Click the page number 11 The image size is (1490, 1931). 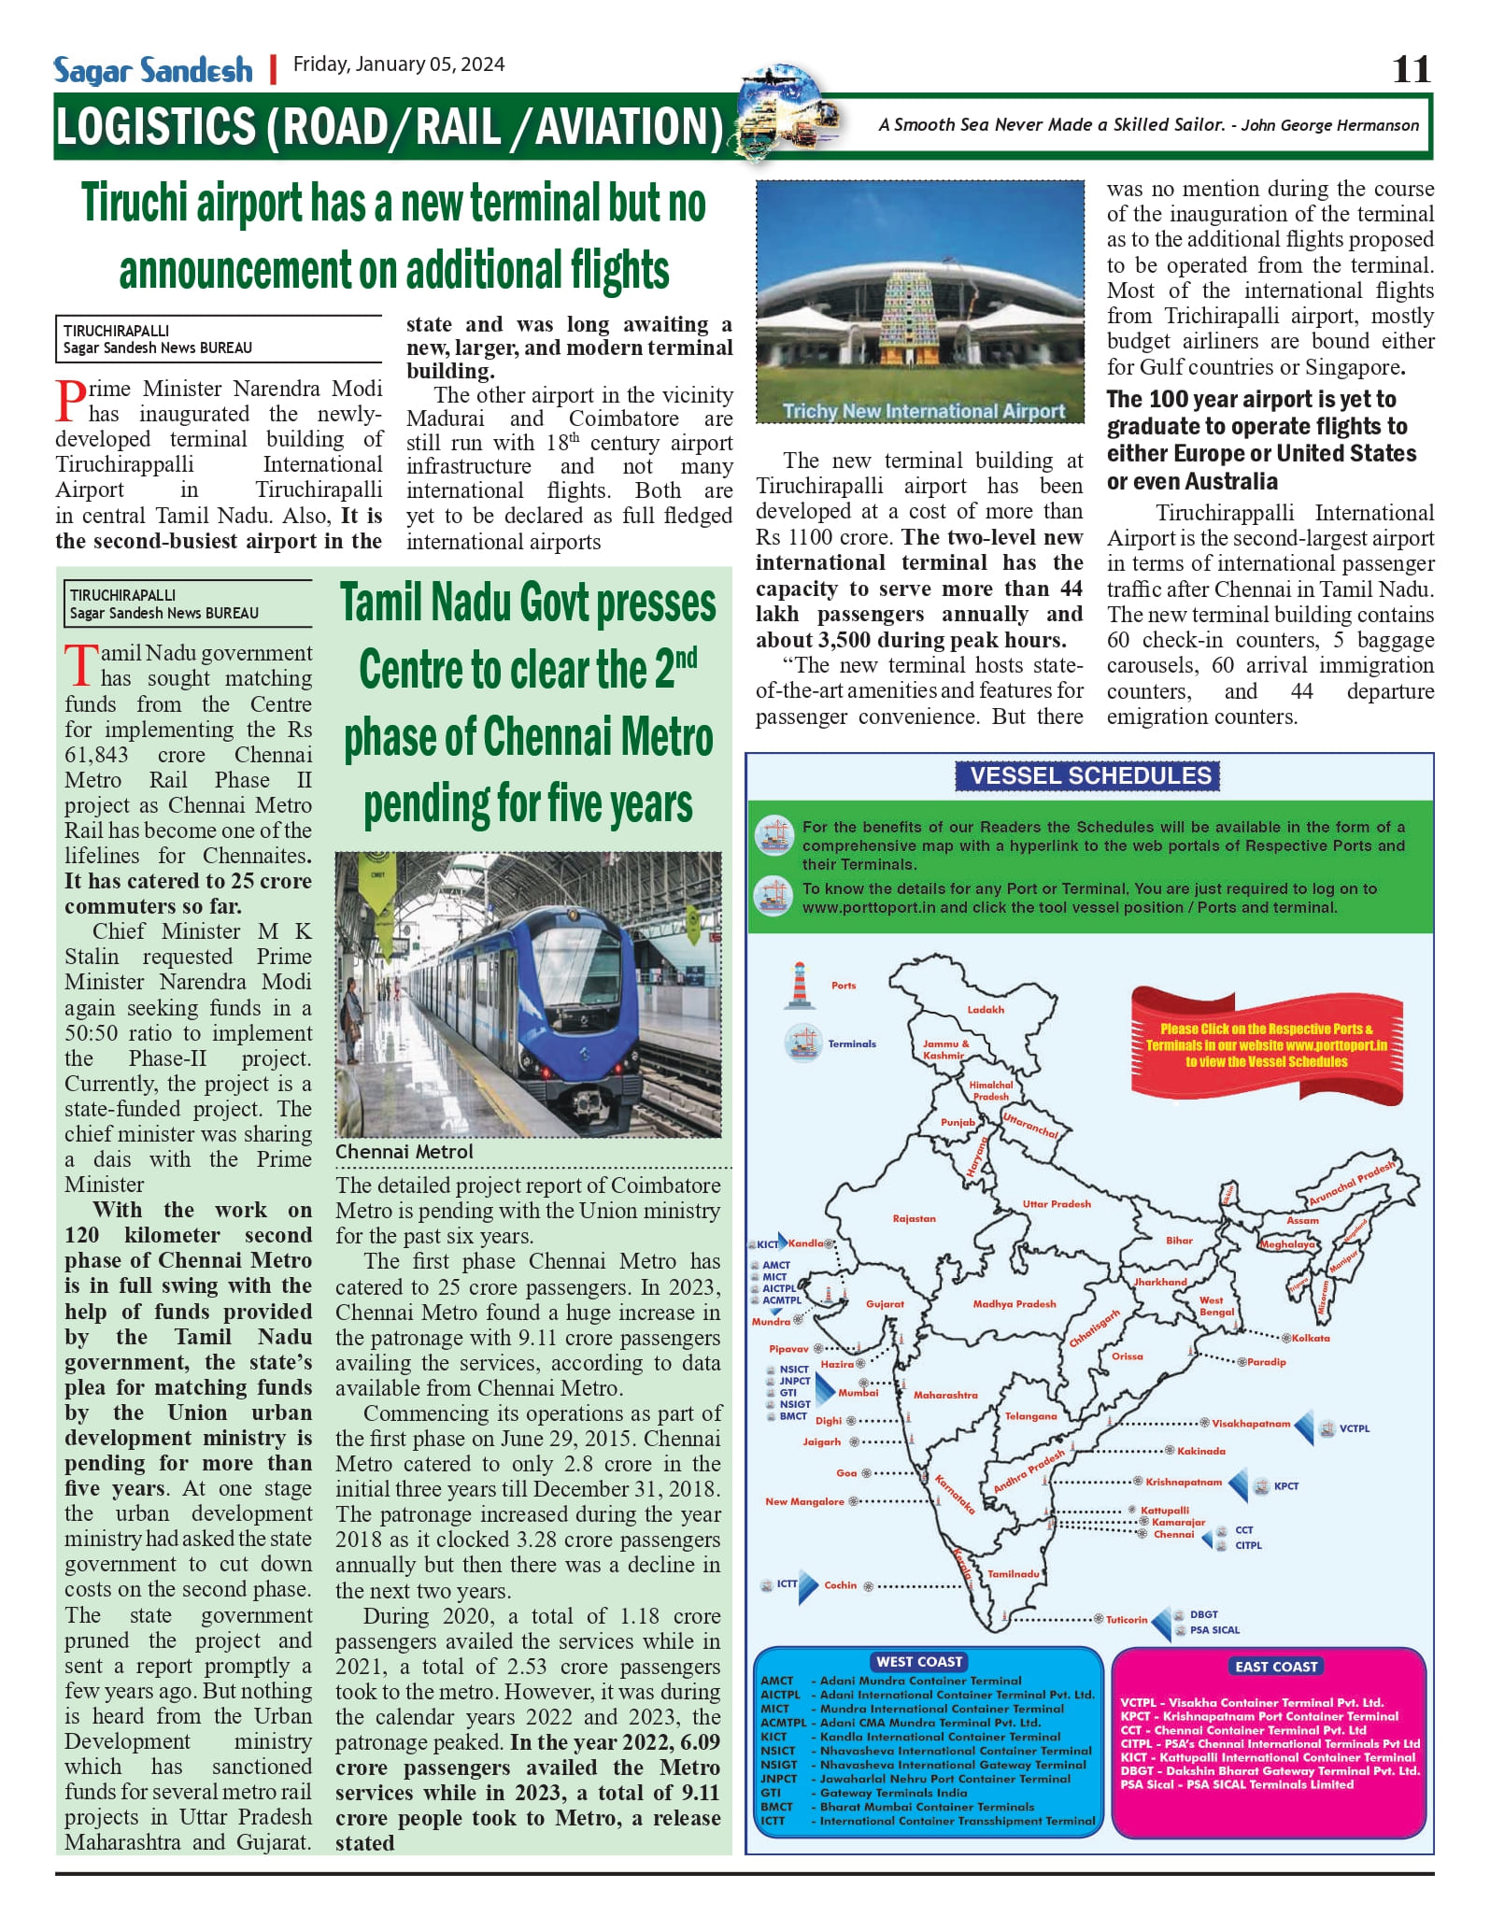point(1411,69)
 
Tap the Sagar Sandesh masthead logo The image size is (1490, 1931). point(153,70)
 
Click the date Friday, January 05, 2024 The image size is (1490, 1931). point(399,64)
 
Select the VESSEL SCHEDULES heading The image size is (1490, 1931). point(1089,775)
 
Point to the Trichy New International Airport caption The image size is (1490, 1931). point(923,411)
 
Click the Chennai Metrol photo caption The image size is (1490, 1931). point(404,1152)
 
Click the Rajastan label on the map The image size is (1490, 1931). point(914,1218)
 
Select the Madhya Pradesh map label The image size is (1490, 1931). point(1014,1303)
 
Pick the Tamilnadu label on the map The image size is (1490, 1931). point(1013,1573)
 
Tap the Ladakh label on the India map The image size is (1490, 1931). point(986,1009)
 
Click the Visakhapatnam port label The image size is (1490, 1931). point(1250,1424)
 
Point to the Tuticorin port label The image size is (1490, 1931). point(1127,1619)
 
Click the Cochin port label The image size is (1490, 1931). point(840,1584)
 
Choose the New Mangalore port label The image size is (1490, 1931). point(804,1501)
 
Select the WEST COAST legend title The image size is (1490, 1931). point(919,1662)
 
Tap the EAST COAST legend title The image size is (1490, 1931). point(1275,1667)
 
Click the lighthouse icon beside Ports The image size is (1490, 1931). point(800,985)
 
